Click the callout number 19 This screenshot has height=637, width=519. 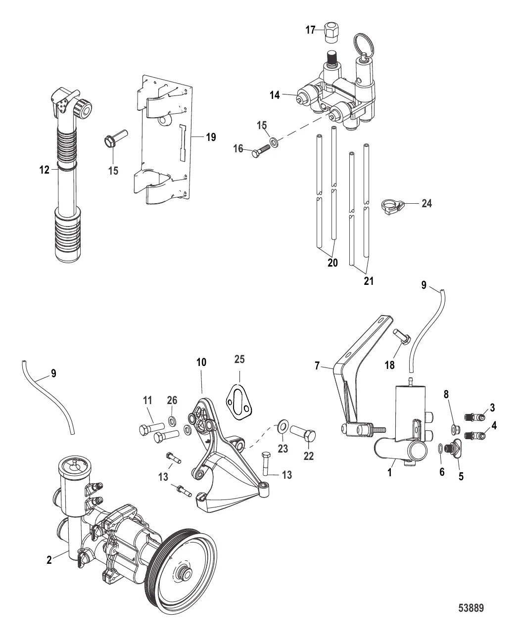(x=211, y=137)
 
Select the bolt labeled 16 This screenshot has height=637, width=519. (x=261, y=151)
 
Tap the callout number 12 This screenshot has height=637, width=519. (x=44, y=170)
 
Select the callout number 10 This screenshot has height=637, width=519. (x=201, y=362)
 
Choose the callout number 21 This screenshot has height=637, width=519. (x=369, y=281)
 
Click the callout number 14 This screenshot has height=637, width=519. (x=275, y=95)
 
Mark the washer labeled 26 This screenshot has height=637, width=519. (x=173, y=422)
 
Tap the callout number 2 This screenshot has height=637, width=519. (x=49, y=559)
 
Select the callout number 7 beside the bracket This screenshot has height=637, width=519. (x=317, y=366)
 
